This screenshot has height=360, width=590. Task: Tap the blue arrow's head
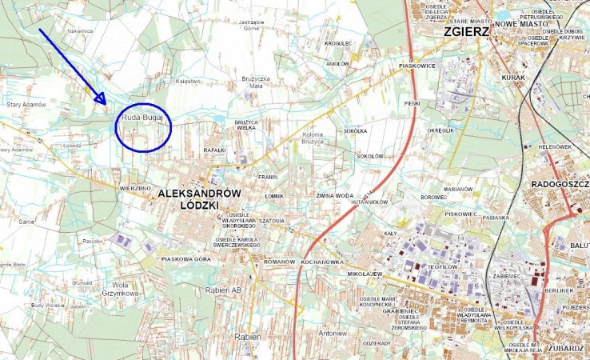coord(102,100)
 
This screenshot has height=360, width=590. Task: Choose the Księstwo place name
coord(189,82)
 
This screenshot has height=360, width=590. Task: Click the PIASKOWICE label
coord(417,66)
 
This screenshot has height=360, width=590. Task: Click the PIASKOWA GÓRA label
coord(185,259)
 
